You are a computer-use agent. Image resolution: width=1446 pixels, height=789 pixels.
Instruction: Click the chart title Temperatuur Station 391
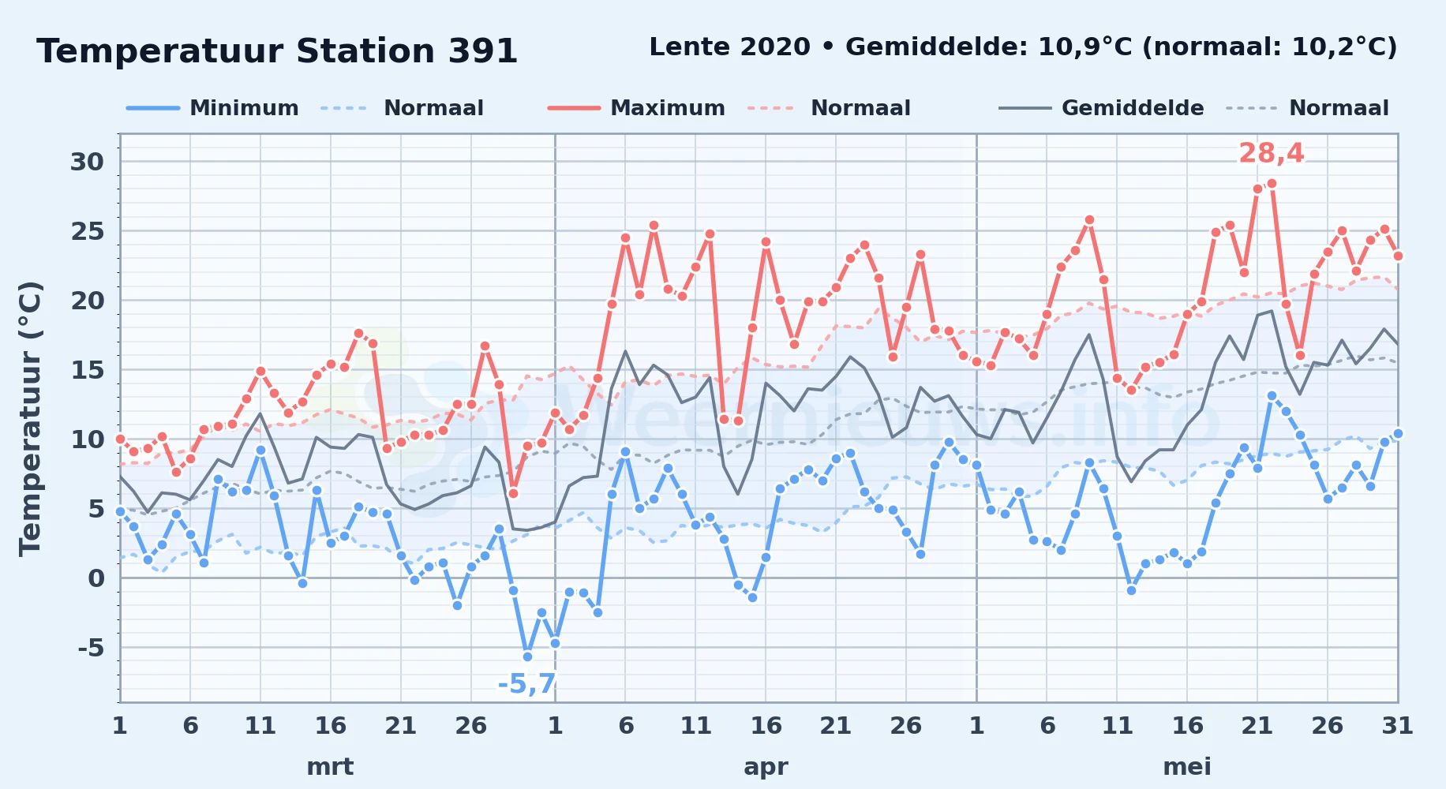pyautogui.click(x=277, y=51)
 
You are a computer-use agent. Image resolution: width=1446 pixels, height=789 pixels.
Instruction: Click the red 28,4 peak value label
pyautogui.click(x=1271, y=153)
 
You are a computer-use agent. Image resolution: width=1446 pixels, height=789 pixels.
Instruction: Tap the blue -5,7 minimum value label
pyautogui.click(x=527, y=683)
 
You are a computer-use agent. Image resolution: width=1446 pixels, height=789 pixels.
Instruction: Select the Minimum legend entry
pyautogui.click(x=213, y=108)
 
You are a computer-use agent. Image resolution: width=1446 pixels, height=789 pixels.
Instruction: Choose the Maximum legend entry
pyautogui.click(x=636, y=108)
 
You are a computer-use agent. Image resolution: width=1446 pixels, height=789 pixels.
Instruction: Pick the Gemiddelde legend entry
pyautogui.click(x=1101, y=108)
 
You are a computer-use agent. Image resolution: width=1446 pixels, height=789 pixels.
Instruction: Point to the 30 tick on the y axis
pyautogui.click(x=87, y=162)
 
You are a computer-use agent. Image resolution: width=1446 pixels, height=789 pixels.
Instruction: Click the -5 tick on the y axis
pyautogui.click(x=90, y=648)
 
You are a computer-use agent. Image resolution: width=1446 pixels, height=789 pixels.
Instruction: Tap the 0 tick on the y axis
pyautogui.click(x=96, y=578)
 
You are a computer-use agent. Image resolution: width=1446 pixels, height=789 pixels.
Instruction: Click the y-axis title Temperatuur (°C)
pyautogui.click(x=30, y=418)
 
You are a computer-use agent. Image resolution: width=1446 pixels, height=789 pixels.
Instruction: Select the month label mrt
pyautogui.click(x=330, y=766)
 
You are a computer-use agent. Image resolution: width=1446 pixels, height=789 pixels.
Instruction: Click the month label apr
pyautogui.click(x=766, y=766)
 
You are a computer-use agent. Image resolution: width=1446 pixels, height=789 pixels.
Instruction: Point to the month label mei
pyautogui.click(x=1187, y=766)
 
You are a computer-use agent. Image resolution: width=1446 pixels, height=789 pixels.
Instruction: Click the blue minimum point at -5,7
pyautogui.click(x=527, y=656)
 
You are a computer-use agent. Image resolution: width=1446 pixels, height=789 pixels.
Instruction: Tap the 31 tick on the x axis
pyautogui.click(x=1397, y=725)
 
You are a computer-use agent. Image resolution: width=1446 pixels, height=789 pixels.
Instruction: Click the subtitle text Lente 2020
pyautogui.click(x=729, y=47)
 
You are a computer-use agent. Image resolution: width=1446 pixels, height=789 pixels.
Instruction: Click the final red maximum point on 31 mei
pyautogui.click(x=1398, y=256)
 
